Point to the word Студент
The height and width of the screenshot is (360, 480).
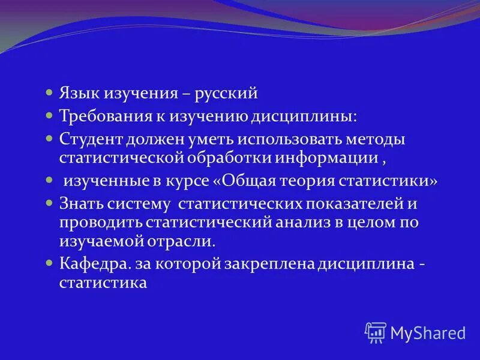91,139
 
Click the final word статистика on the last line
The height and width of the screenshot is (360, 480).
103,282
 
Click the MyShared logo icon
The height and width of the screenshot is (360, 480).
376,332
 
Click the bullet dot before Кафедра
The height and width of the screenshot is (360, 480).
50,263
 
